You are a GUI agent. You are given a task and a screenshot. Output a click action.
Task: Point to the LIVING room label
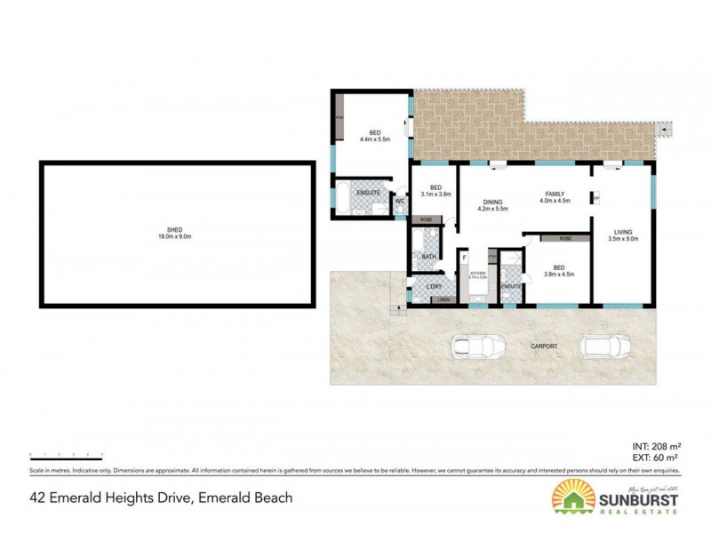[621, 232]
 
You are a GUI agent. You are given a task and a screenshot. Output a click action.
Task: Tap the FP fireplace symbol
[595, 197]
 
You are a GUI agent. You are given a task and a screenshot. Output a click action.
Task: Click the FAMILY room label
[555, 194]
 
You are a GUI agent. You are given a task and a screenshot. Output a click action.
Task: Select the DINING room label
[492, 202]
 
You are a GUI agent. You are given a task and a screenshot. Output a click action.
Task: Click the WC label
[399, 201]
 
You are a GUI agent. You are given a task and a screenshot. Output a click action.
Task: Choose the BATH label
[428, 257]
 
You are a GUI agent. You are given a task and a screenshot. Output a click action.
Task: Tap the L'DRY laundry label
[434, 286]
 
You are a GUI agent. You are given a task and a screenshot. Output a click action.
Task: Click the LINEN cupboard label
[441, 300]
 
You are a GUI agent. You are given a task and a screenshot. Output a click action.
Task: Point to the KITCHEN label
[478, 272]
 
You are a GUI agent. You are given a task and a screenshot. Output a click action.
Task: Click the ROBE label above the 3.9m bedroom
[565, 238]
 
